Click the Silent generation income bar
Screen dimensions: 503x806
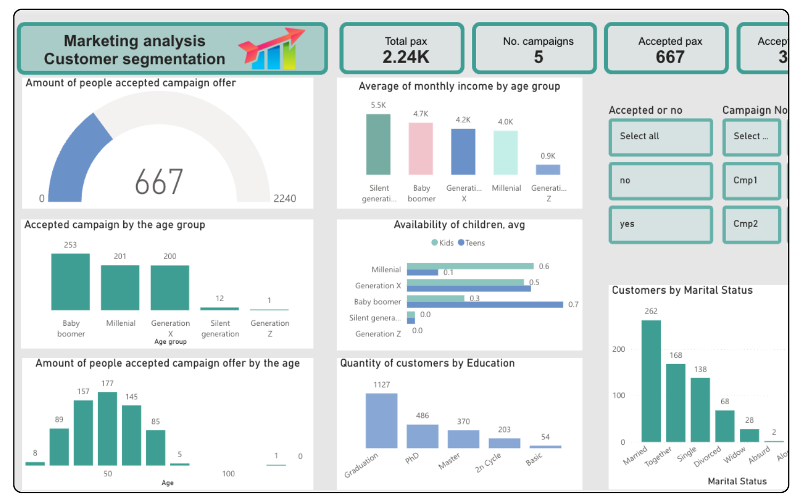(x=378, y=144)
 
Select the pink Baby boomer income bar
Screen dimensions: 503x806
(x=421, y=148)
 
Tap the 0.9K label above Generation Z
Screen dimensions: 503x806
(x=548, y=156)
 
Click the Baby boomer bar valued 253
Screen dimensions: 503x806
(x=70, y=281)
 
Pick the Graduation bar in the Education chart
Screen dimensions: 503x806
(x=381, y=421)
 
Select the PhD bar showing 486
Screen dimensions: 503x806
(x=422, y=436)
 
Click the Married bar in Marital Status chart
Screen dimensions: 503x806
(x=651, y=381)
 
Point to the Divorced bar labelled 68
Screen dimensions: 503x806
(x=724, y=426)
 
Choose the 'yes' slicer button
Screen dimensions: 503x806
(x=660, y=224)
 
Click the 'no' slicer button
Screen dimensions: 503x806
(x=660, y=180)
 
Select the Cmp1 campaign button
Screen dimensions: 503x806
(x=751, y=180)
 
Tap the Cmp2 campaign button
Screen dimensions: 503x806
(x=751, y=224)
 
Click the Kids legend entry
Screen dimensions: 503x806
(x=442, y=243)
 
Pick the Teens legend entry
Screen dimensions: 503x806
(x=471, y=243)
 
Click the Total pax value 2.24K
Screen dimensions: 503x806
(x=406, y=57)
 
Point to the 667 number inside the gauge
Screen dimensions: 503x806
(x=159, y=182)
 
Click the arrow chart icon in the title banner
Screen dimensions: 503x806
(x=271, y=49)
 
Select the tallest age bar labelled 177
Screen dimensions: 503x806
(x=107, y=428)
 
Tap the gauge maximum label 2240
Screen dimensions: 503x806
(x=285, y=199)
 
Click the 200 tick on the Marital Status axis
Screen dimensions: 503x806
(x=619, y=349)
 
